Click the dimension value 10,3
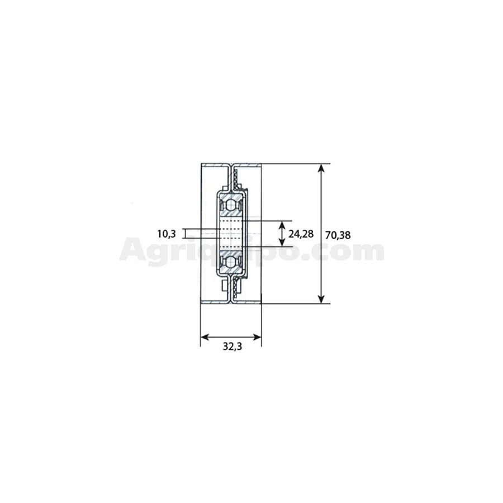167,234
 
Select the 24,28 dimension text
301,234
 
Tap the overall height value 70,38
338,235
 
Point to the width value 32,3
232,347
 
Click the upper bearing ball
231,205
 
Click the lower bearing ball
231,262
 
